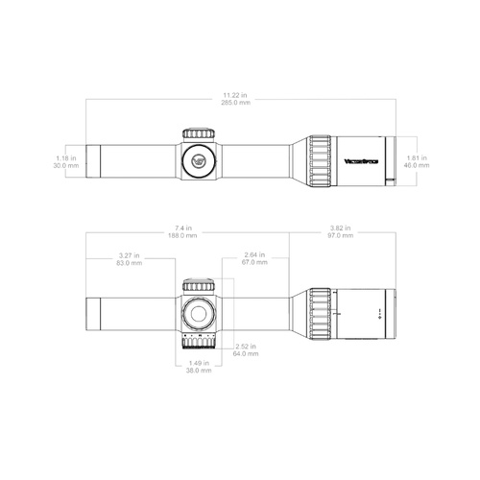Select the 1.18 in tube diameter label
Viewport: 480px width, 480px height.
click(66, 157)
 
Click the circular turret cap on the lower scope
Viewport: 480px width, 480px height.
click(199, 312)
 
